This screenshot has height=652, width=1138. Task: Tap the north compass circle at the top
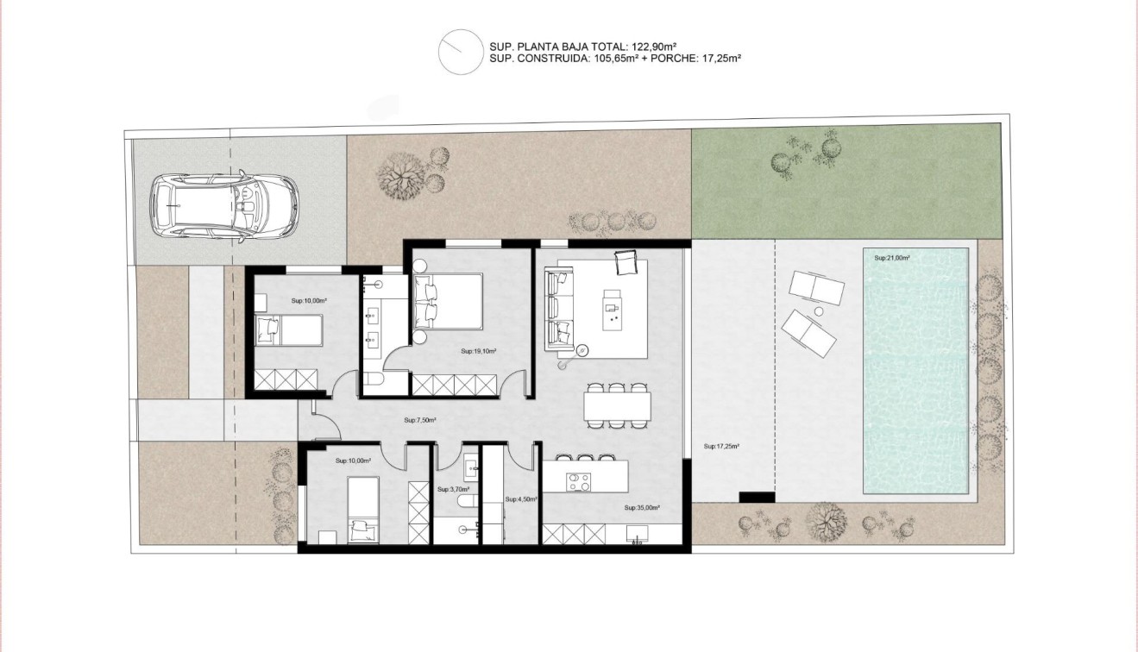click(x=459, y=52)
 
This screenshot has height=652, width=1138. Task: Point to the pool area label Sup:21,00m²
click(x=892, y=258)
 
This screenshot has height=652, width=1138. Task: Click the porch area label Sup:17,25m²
click(x=722, y=447)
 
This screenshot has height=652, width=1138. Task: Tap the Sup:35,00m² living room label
click(x=642, y=508)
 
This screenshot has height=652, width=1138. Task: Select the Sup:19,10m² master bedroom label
click(x=478, y=351)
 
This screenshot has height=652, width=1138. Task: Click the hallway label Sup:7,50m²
click(x=420, y=421)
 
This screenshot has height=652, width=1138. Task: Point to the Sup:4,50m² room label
click(x=521, y=498)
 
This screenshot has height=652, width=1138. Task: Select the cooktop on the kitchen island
click(x=576, y=480)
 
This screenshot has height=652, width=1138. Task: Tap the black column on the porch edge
click(x=757, y=498)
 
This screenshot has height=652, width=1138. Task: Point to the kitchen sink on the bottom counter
click(x=638, y=541)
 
